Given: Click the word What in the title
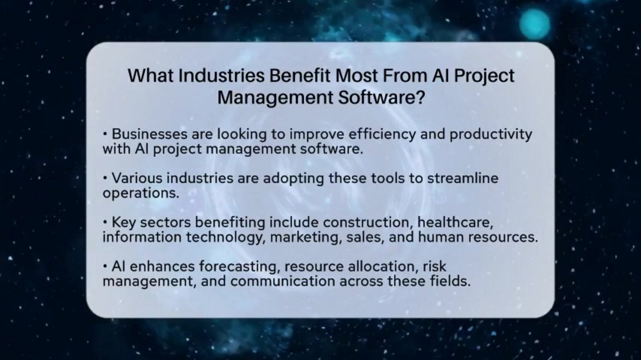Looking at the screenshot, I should [151, 76].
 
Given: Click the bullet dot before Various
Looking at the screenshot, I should [105, 178].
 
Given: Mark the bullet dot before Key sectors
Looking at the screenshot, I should [105, 222].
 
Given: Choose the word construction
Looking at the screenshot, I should [367, 222].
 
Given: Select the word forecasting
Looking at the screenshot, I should [242, 266].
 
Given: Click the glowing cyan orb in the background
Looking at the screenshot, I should [535, 24].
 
